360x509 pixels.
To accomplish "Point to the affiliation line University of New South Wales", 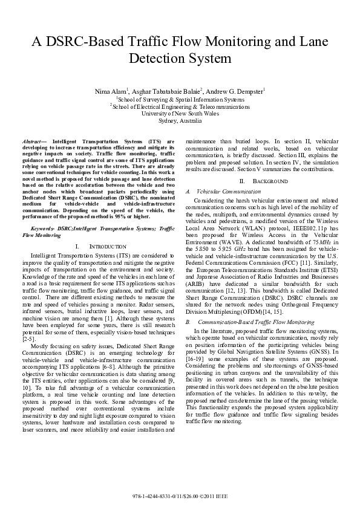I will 180,113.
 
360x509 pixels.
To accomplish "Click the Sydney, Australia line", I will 180,120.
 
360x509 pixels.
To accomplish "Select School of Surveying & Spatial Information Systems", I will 180,98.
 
